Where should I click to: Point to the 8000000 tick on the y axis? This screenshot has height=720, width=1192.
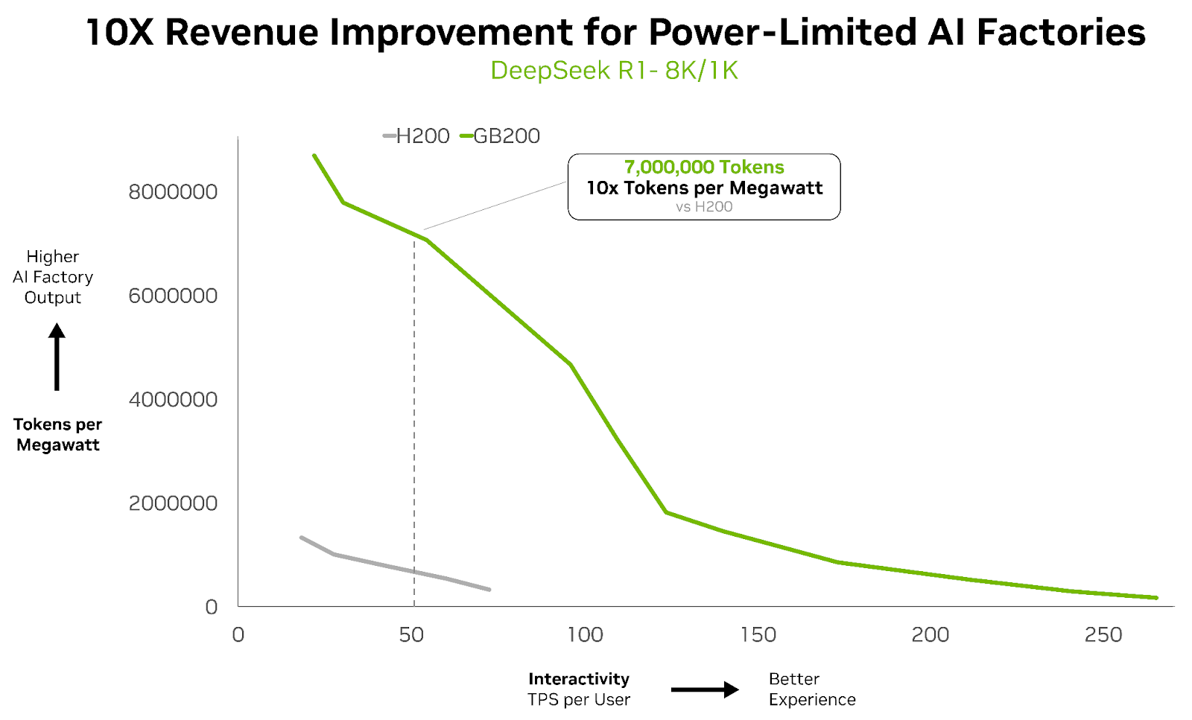(x=173, y=192)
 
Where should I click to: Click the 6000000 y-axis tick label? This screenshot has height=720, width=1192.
(x=173, y=296)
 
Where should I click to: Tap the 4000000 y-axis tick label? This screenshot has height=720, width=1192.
(x=173, y=400)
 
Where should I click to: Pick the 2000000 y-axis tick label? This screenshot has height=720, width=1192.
(x=173, y=503)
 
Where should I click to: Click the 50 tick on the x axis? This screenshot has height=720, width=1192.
(x=411, y=635)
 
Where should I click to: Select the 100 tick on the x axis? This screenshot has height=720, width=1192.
(x=585, y=635)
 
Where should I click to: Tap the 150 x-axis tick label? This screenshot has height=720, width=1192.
(x=758, y=635)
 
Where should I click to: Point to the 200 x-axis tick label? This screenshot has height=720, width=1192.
(x=931, y=635)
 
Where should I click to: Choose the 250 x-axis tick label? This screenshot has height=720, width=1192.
(x=1103, y=635)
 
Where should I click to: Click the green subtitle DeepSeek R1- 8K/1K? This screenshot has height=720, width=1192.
(x=614, y=71)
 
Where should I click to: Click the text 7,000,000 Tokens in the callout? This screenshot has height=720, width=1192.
(x=704, y=168)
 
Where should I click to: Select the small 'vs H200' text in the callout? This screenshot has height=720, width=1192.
(x=704, y=207)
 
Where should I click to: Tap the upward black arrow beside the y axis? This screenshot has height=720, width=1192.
(x=57, y=357)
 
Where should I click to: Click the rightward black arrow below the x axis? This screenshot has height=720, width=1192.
(x=704, y=690)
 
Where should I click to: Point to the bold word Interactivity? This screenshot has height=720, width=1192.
(x=579, y=679)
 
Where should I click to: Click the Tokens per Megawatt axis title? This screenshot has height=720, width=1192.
(x=58, y=435)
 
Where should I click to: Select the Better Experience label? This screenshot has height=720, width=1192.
(x=812, y=689)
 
